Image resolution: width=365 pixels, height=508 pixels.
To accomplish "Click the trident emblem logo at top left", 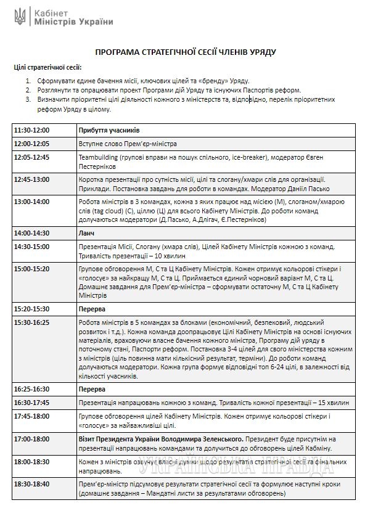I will pyautogui.click(x=20, y=16).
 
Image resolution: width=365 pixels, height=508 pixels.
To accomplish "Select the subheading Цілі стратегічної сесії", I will pyautogui.click(x=47, y=67).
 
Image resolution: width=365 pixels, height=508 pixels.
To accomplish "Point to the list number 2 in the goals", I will pyautogui.click(x=28, y=89).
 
